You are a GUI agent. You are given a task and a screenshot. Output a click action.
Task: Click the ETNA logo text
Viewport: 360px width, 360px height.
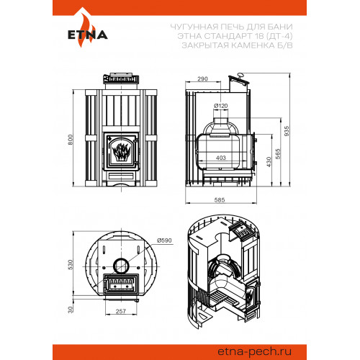click(88, 35)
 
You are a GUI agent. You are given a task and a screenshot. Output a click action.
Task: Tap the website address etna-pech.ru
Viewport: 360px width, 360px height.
click(254, 352)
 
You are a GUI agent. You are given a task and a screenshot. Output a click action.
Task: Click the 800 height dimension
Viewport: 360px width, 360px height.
click(70, 140)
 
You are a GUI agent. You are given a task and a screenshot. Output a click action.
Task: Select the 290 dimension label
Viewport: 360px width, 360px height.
click(202, 78)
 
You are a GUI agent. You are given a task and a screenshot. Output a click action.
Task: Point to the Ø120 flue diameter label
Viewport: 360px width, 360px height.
click(220, 106)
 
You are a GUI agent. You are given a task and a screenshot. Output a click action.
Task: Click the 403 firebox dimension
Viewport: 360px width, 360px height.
click(221, 158)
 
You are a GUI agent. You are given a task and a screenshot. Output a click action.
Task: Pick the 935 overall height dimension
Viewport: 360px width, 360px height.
click(287, 131)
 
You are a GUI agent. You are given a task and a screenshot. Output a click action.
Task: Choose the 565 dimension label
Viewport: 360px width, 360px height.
click(278, 154)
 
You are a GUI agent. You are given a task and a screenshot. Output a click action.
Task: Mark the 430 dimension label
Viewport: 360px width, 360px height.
click(269, 162)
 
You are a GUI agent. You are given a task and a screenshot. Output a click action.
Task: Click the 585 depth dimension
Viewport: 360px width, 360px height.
click(220, 199)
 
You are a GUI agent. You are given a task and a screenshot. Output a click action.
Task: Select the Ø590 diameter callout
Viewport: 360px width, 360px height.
click(164, 240)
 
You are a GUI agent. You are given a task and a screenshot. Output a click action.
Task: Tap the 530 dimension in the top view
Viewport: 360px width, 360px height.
click(70, 264)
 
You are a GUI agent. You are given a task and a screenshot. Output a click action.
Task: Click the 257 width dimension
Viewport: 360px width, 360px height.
click(121, 311)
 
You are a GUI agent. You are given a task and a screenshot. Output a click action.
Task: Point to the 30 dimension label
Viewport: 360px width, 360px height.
click(70, 310)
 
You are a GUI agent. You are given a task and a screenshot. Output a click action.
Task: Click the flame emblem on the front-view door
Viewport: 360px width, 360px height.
click(122, 152)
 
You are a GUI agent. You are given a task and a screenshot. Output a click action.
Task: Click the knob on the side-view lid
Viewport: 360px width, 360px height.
click(240, 76)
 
